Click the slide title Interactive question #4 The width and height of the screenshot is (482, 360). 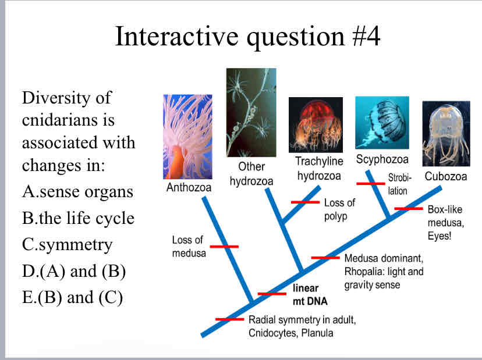pyautogui.click(x=247, y=36)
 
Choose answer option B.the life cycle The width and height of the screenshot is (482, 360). pyautogui.click(x=78, y=218)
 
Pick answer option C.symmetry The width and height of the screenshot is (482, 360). pyautogui.click(x=67, y=244)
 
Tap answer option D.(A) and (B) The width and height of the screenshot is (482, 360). pyautogui.click(x=74, y=270)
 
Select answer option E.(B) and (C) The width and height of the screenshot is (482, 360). pyautogui.click(x=73, y=297)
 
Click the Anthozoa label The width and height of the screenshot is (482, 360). pyautogui.click(x=189, y=188)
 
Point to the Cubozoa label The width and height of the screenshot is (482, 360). pyautogui.click(x=446, y=176)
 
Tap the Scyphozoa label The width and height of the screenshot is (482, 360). pyautogui.click(x=382, y=159)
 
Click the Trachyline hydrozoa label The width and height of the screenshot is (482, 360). pyautogui.click(x=319, y=167)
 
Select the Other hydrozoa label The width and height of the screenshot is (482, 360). pyautogui.click(x=251, y=174)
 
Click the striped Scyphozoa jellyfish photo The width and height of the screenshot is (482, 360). pyautogui.click(x=382, y=122)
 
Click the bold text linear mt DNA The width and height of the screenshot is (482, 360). pyautogui.click(x=310, y=295)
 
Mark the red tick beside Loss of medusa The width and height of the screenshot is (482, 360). pyautogui.click(x=224, y=247)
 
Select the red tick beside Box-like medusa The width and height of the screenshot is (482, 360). pyautogui.click(x=408, y=208)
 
